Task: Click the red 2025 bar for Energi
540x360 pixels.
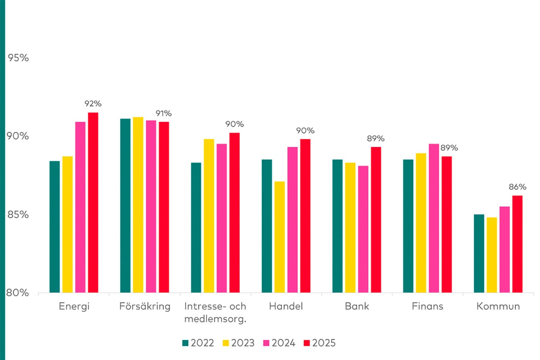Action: click(93, 203)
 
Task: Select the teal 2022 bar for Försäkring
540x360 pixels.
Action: click(125, 206)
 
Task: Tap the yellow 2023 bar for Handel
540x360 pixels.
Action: click(280, 237)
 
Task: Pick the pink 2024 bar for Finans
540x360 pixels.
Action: click(434, 218)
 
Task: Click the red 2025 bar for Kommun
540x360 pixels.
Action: click(517, 244)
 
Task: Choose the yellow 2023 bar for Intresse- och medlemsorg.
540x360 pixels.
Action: click(209, 216)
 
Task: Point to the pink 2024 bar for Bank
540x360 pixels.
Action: click(363, 229)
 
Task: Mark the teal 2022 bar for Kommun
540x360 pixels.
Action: click(479, 254)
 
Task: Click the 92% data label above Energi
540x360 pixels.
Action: click(93, 104)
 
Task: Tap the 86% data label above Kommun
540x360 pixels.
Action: click(518, 187)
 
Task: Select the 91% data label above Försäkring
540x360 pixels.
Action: click(164, 113)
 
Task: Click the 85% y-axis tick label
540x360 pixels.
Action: click(18, 215)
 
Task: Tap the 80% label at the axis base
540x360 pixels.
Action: click(18, 293)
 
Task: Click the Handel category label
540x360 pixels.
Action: click(286, 306)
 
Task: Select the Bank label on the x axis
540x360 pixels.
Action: click(357, 306)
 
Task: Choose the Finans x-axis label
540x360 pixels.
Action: click(427, 306)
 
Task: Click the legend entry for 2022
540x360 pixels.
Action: click(198, 343)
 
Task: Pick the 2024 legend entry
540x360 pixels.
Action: click(279, 343)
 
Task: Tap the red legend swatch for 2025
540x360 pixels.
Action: click(307, 343)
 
